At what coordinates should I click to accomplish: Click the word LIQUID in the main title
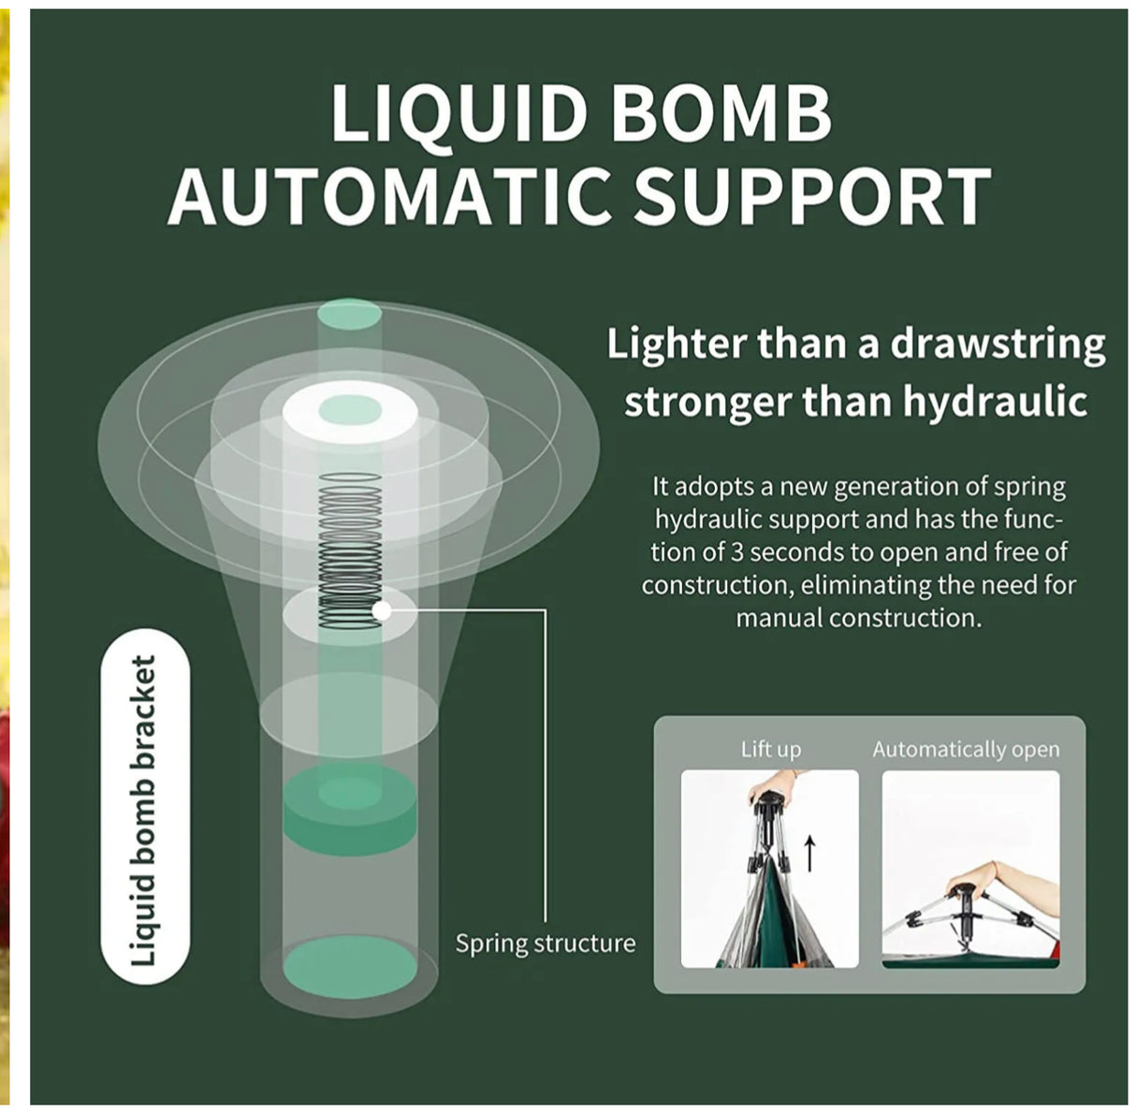[x=458, y=112]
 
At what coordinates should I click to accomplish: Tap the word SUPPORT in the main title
[x=812, y=196]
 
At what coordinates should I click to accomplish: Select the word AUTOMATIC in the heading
[x=394, y=196]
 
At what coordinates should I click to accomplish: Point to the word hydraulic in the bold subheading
[x=995, y=403]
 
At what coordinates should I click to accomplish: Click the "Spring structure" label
[x=545, y=943]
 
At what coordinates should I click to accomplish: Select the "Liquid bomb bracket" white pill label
[x=144, y=807]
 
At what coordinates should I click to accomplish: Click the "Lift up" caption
[x=770, y=749]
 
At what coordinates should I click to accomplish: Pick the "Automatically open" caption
[x=966, y=749]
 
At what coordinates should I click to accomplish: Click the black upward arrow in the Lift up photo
[x=810, y=853]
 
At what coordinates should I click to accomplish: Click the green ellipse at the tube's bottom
[x=350, y=965]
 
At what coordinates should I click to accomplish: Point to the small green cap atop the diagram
[x=349, y=312]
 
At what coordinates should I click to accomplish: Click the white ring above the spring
[x=349, y=412]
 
